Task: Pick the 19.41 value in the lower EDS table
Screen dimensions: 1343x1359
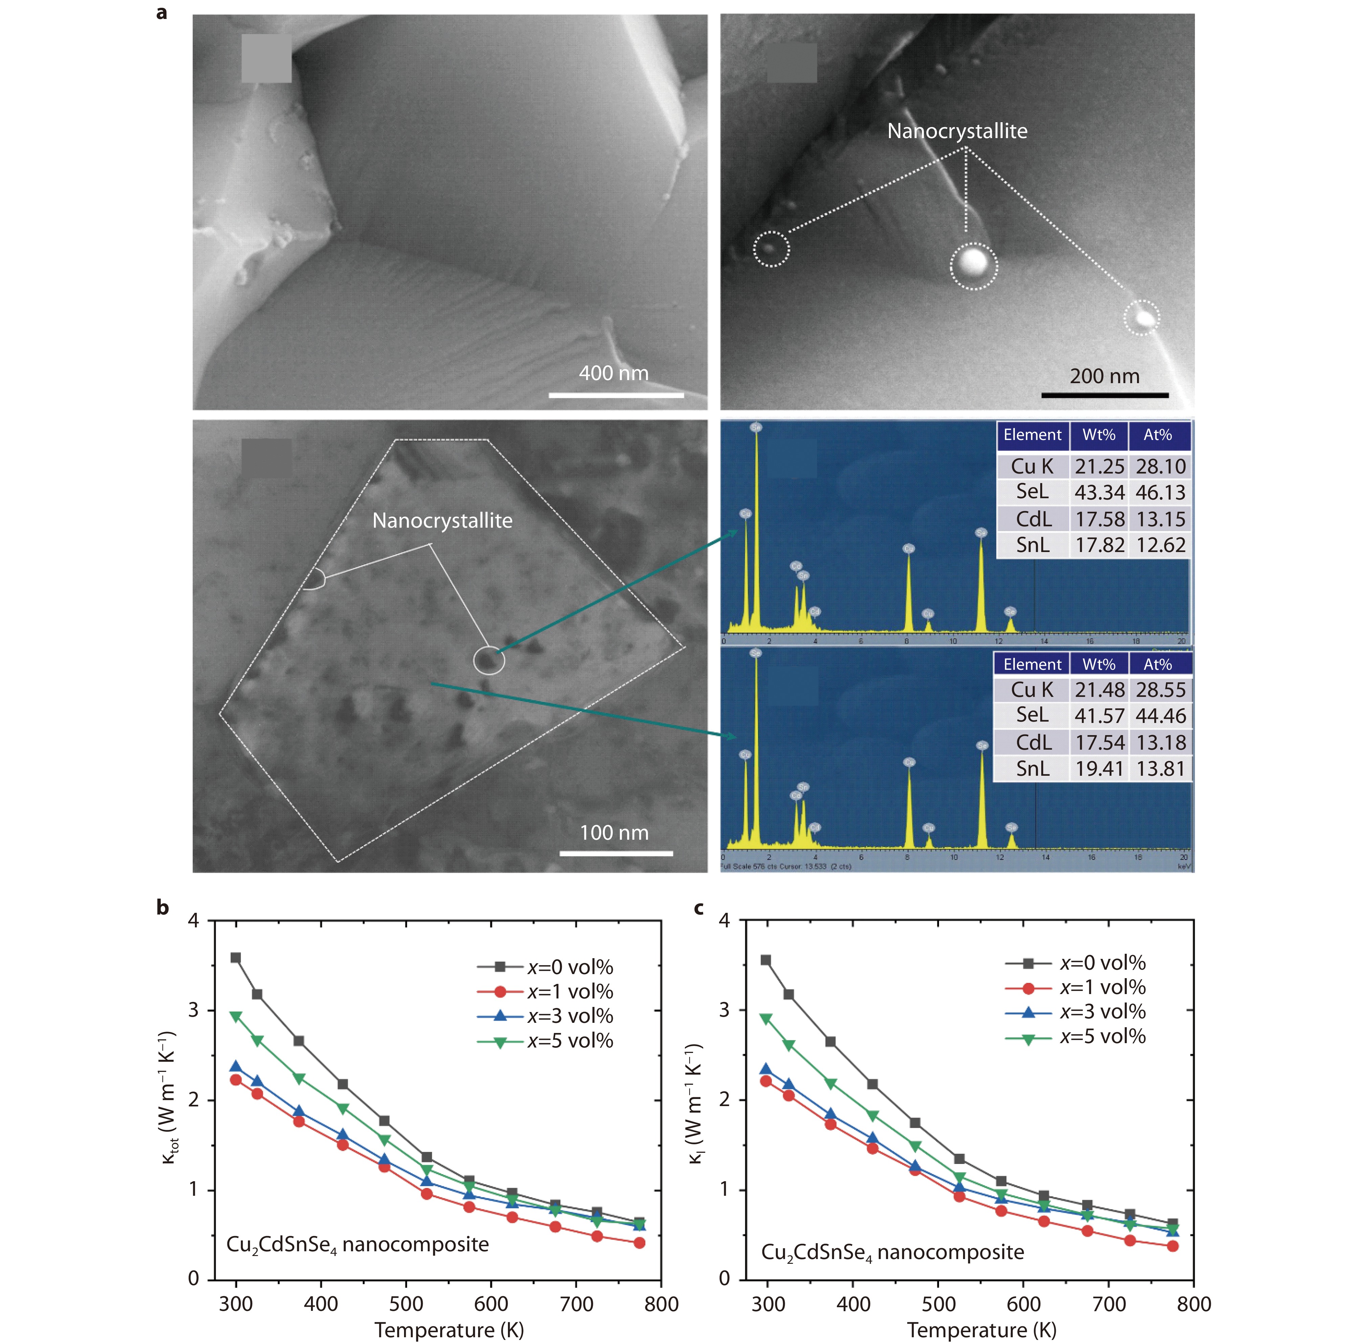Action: pos(1099,769)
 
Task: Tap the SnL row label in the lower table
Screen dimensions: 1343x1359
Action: pos(1032,769)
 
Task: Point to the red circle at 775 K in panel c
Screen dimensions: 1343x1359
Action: pos(1173,1246)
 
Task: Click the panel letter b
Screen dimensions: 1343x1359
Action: pos(162,907)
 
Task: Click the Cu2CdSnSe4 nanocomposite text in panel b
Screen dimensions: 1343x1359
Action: pos(357,1245)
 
